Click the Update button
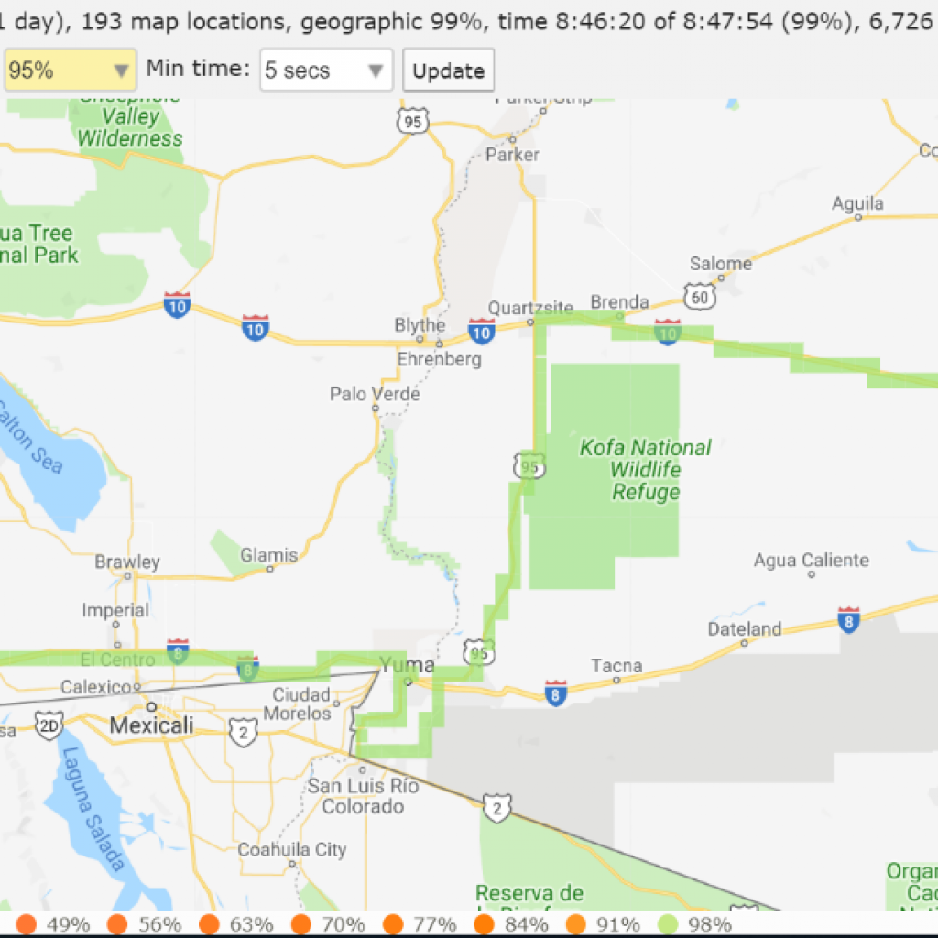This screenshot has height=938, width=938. click(x=448, y=71)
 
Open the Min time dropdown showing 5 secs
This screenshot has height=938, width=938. click(x=326, y=71)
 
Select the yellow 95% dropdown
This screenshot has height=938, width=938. click(x=70, y=71)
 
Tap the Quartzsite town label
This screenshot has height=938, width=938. click(x=530, y=308)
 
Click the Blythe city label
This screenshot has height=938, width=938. click(x=420, y=325)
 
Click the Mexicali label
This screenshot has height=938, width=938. click(x=151, y=725)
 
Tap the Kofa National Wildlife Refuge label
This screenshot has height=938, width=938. click(x=646, y=470)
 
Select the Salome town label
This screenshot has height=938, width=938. click(x=721, y=264)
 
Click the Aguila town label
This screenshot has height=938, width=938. click(x=857, y=203)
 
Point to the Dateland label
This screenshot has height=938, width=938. click(x=745, y=628)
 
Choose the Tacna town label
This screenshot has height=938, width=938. click(x=616, y=665)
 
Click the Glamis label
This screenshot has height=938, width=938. click(x=269, y=555)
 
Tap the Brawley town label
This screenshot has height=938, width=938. click(x=127, y=562)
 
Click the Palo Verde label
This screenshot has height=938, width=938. click(x=375, y=394)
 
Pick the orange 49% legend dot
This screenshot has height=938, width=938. click(x=27, y=923)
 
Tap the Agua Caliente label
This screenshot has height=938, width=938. click(x=811, y=560)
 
